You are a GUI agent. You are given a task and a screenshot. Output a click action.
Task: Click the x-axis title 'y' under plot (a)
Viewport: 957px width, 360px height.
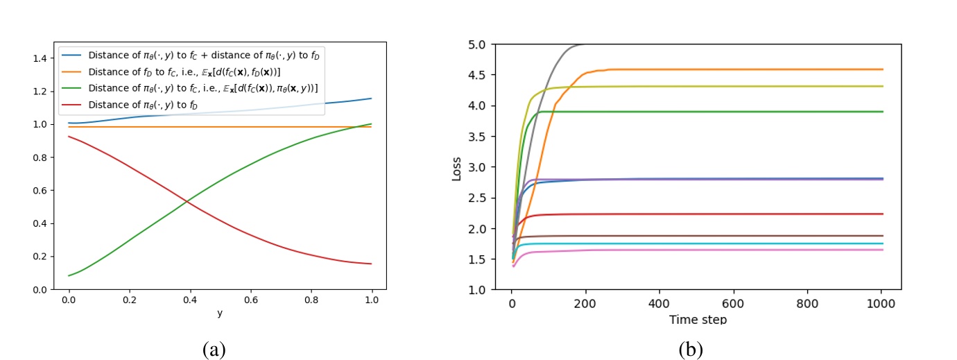[221, 314]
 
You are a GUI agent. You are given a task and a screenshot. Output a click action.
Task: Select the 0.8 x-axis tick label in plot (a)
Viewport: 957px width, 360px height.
[311, 302]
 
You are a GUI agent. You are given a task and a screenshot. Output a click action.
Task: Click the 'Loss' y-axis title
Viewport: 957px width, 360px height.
[457, 167]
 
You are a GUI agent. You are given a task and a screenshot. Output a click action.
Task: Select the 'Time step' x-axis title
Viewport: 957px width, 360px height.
[698, 320]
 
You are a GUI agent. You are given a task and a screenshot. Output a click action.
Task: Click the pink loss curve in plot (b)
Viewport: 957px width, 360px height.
[693, 250]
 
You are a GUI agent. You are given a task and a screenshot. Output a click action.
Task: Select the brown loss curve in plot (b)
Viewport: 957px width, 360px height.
[693, 236]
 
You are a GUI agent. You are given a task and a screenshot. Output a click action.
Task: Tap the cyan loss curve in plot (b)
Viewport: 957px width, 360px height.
[693, 243]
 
